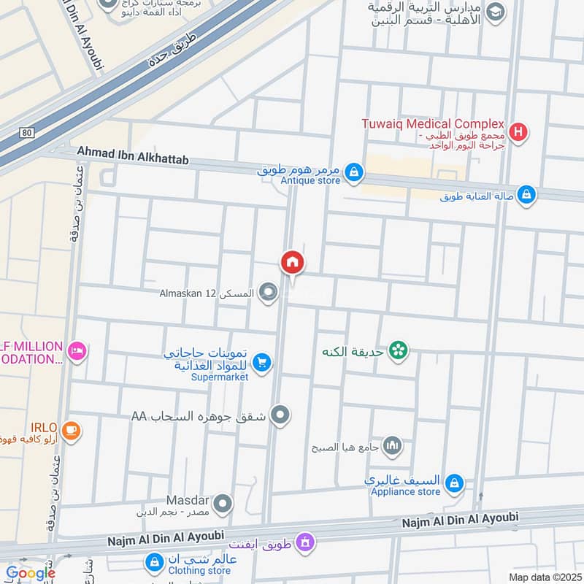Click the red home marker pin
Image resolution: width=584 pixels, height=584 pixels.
pos(293,262)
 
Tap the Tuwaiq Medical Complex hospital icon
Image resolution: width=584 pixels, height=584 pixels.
pos(519,132)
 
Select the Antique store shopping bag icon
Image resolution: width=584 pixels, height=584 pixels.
pos(353,172)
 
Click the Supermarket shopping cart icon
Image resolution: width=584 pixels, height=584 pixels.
pos(263,361)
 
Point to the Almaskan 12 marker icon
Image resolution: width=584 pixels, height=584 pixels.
pos(269,293)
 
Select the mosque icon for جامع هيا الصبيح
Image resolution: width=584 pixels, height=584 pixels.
pos(393,445)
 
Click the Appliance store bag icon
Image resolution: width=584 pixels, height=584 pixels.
pos(454,483)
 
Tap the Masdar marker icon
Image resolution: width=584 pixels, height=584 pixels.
pos(223,504)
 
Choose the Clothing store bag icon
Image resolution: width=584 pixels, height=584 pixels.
pos(154,562)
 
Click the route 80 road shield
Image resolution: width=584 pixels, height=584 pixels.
pos(27,132)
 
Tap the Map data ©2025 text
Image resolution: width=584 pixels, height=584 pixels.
pos(545,577)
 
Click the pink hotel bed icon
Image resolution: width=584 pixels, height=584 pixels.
pos(77,352)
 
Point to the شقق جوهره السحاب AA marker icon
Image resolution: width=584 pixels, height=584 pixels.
pos(280,416)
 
